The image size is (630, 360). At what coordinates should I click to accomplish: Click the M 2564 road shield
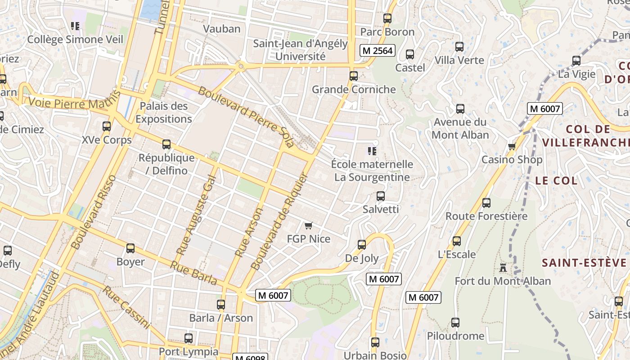(x=378, y=50)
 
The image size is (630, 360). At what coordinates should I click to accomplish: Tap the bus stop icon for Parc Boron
(x=387, y=18)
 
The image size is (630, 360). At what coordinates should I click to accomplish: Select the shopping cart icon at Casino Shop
(x=512, y=147)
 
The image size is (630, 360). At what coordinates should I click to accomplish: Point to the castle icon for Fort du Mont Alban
(x=503, y=268)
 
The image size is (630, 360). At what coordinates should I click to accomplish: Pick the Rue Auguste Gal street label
(x=196, y=215)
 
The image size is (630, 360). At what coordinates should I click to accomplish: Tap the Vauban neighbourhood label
(x=222, y=29)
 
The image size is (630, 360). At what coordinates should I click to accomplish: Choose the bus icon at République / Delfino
(x=166, y=144)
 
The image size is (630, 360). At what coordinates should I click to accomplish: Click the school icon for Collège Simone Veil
(x=75, y=26)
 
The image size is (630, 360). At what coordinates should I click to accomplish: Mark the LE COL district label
(x=556, y=180)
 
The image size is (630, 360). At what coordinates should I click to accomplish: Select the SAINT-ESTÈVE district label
(x=584, y=263)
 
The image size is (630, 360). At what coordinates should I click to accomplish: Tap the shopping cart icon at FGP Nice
(x=308, y=225)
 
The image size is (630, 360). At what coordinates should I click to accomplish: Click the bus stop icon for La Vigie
(x=576, y=61)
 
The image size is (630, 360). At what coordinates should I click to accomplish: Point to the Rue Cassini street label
(x=126, y=307)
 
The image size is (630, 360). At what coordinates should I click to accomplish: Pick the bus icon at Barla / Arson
(x=221, y=305)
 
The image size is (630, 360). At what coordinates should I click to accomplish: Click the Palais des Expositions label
(x=164, y=112)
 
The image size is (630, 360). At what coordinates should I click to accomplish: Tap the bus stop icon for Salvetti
(x=381, y=196)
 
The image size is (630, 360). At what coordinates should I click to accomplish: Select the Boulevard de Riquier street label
(x=278, y=222)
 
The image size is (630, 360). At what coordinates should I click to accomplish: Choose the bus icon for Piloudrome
(x=455, y=323)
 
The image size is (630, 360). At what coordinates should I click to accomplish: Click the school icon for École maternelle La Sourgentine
(x=372, y=151)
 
